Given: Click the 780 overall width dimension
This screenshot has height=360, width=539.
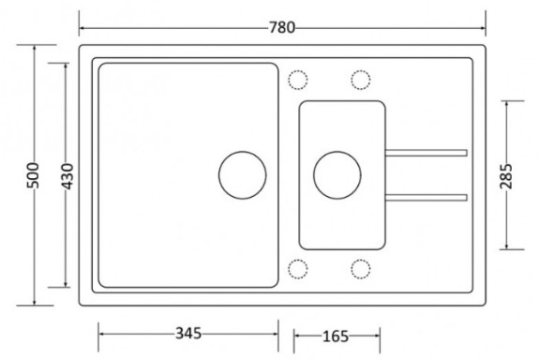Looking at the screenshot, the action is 282,27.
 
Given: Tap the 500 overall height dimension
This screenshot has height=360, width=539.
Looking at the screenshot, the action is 34,175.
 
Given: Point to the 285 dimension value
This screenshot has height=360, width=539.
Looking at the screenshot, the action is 506,176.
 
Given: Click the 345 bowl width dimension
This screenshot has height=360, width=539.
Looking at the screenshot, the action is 188,333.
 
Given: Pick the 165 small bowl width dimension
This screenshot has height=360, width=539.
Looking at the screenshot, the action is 336,337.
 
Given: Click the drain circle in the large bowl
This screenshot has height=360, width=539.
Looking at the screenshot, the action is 243,175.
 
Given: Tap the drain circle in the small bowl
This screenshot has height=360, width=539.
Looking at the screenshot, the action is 337,175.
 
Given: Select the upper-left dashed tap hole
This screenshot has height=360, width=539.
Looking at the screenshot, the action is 298,80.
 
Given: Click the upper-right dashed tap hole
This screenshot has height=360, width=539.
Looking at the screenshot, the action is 361,80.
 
